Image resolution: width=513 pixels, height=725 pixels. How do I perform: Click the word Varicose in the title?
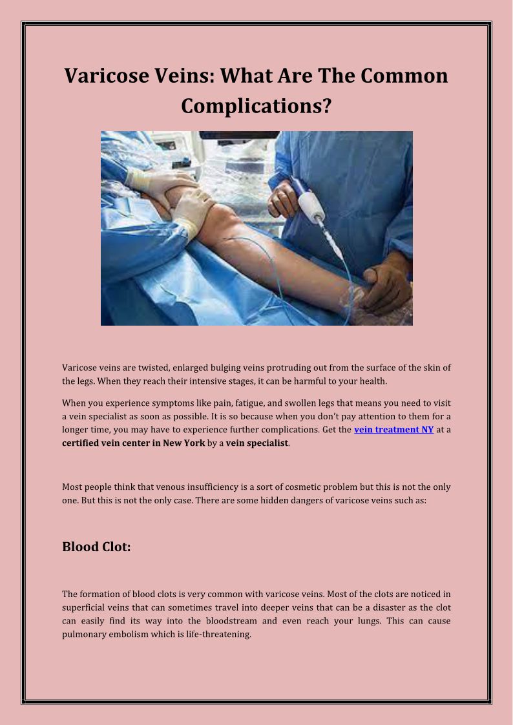click(x=106, y=76)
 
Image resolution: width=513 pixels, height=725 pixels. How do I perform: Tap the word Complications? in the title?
click(x=256, y=105)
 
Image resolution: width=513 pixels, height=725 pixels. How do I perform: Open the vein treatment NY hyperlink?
click(x=393, y=430)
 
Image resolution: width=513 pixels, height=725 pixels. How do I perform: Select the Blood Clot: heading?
click(x=96, y=547)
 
